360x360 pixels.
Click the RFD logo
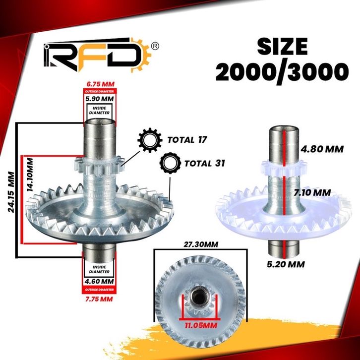click(97, 55)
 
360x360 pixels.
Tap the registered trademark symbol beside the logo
click(155, 46)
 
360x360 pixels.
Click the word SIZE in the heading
click(282, 47)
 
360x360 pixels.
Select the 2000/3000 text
click(282, 71)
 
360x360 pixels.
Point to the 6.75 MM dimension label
click(100, 84)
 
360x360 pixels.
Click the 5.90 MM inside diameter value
click(100, 99)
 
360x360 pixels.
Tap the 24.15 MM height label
click(11, 192)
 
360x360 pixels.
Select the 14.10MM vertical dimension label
click(30, 175)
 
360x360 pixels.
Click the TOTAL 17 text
click(187, 140)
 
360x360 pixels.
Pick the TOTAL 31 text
click(205, 164)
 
